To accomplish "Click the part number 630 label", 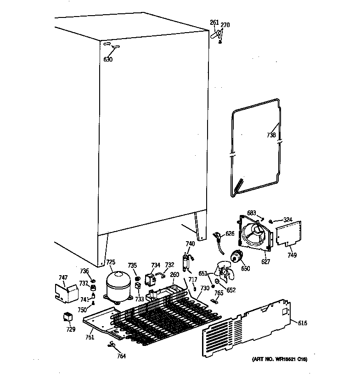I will (107, 60).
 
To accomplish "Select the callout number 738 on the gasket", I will (271, 135).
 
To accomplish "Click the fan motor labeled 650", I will (237, 257).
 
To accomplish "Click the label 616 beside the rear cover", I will (302, 323).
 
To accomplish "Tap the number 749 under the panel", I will (292, 255).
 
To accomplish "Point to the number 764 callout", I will (121, 355).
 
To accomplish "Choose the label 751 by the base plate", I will (90, 338).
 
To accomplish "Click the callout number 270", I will (225, 25).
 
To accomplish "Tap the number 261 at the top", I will (214, 23).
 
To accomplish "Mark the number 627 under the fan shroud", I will (265, 262).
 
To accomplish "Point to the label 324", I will (287, 220).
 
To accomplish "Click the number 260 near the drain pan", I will (174, 275).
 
